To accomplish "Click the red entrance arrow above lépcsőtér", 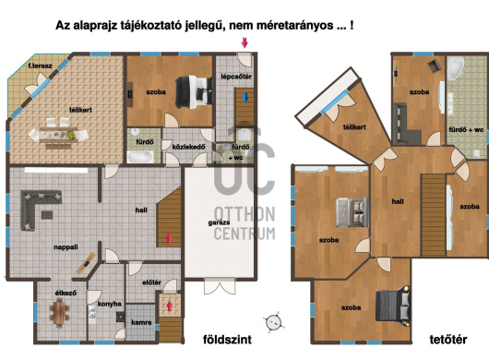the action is point(244,42).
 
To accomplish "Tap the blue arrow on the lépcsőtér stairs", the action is point(245,98).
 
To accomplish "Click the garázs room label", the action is point(219,222).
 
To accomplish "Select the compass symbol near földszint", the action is point(274,322).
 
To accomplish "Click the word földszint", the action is point(227,340).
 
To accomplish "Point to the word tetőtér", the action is point(448,340).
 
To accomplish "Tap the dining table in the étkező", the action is point(59,312).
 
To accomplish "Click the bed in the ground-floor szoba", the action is point(194,92).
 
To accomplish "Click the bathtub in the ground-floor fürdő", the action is point(140,157).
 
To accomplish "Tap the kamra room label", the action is point(141,322).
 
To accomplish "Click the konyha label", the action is point(110,304).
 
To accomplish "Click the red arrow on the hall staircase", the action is point(169,238).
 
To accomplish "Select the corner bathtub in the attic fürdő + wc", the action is point(455,68).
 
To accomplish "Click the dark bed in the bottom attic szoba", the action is point(393,306).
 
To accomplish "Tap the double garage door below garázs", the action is point(220,285).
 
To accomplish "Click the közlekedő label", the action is point(188,147).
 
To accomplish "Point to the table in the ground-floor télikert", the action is point(58,135).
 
